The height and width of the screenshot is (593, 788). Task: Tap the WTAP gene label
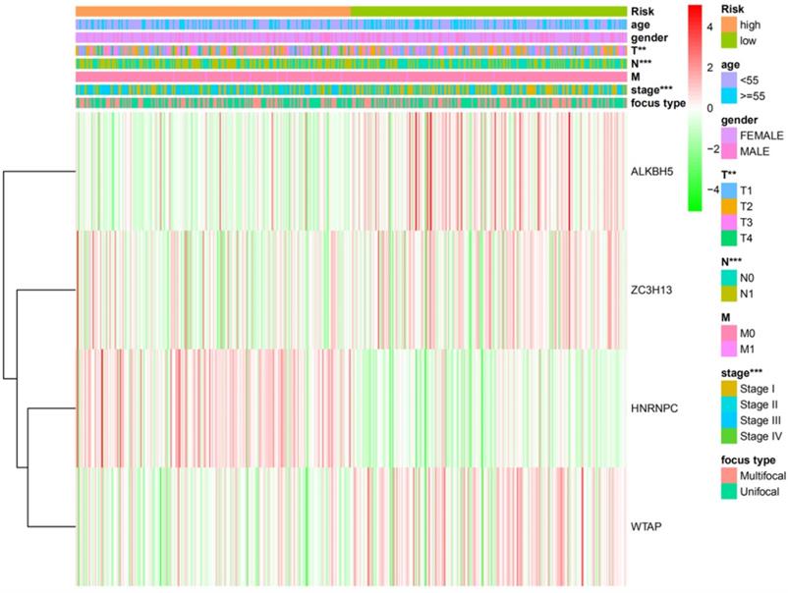[x=644, y=528]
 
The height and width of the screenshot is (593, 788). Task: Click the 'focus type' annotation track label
[x=658, y=103]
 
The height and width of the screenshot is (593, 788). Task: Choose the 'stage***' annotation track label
[x=651, y=90]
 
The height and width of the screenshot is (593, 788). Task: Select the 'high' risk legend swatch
[x=729, y=24]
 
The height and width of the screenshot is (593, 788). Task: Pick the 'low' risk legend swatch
[x=729, y=40]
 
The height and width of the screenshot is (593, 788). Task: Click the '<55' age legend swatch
[x=729, y=79]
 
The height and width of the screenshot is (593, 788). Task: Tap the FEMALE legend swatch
[x=729, y=135]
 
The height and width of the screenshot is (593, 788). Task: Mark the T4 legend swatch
[x=729, y=239]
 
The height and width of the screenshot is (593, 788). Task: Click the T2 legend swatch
[x=729, y=206]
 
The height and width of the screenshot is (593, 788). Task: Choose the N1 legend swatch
[x=729, y=295]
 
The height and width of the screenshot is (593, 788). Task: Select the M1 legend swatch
[x=729, y=350]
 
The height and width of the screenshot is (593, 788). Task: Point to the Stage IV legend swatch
[x=729, y=439]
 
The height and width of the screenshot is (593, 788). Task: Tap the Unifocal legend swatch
[x=729, y=494]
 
